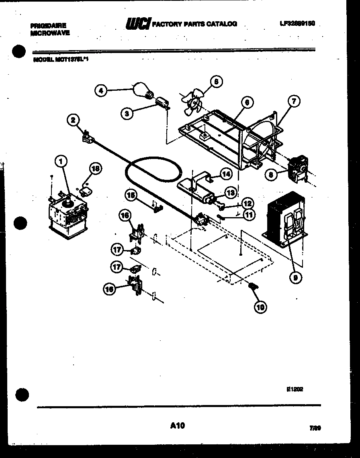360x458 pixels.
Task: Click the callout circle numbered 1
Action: [x=61, y=162]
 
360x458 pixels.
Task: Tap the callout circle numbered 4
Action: [x=101, y=91]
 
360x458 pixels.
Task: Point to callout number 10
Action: [x=260, y=307]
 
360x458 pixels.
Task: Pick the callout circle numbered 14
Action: [x=227, y=174]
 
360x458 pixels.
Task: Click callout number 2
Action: [x=73, y=119]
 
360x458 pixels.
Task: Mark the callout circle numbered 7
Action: [x=293, y=102]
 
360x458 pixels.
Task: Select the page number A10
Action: [x=177, y=425]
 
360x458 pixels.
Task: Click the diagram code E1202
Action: [x=295, y=389]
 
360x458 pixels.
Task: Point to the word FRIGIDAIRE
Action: [x=48, y=25]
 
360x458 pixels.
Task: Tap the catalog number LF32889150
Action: [x=297, y=24]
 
